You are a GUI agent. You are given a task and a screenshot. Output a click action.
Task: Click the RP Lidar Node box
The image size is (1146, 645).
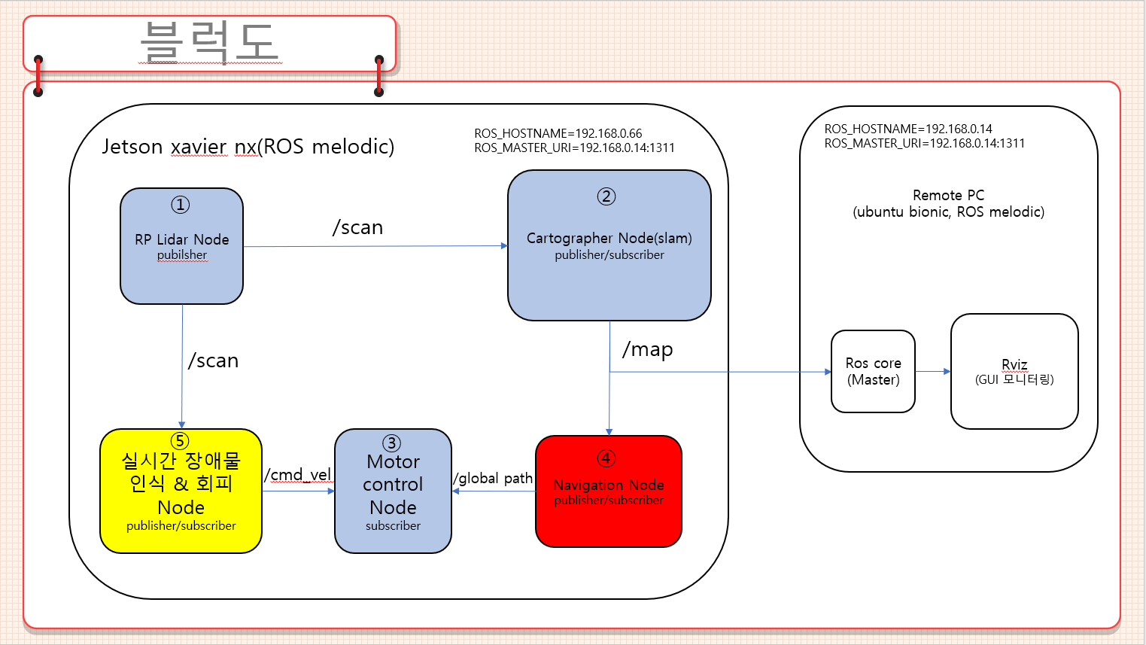coord(181,246)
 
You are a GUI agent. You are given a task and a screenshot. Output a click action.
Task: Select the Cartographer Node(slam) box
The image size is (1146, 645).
coord(609,245)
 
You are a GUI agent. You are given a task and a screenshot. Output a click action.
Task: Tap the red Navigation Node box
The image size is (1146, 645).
coord(608,491)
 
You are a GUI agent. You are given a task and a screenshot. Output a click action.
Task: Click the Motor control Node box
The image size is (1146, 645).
coord(393,491)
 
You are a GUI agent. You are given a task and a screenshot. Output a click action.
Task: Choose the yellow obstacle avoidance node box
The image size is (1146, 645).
coord(181,491)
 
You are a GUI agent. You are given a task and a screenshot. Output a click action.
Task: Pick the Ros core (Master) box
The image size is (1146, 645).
coord(873,372)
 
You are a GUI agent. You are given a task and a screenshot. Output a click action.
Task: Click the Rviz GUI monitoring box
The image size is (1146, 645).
coord(1014,372)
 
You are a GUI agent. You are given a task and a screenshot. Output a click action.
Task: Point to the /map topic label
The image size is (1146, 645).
coord(647,349)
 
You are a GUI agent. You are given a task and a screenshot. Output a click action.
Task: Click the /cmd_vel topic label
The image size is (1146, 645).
coord(298,475)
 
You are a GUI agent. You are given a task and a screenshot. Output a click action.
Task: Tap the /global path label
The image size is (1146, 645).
coord(493,479)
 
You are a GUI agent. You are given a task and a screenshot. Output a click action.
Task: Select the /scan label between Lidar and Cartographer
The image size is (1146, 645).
coord(358,227)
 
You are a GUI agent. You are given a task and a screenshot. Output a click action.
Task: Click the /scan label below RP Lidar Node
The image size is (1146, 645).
coord(213,361)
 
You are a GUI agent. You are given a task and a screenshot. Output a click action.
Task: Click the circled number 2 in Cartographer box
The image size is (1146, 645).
coord(606,196)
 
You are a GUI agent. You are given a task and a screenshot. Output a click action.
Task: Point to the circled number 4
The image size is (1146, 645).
coord(606,458)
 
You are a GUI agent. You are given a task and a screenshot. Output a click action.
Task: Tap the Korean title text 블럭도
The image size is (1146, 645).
coord(209,41)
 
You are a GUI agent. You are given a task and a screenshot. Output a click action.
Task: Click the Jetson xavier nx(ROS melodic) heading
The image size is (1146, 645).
coord(248,146)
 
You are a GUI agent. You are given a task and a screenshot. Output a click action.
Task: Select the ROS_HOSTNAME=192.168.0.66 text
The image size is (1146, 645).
coord(558,133)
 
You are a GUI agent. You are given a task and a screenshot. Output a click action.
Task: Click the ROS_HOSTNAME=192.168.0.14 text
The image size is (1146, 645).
coord(907,129)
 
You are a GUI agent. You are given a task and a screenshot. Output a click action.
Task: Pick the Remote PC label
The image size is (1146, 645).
coord(948,195)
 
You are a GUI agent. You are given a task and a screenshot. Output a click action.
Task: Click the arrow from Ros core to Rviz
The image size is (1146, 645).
coord(933,371)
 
